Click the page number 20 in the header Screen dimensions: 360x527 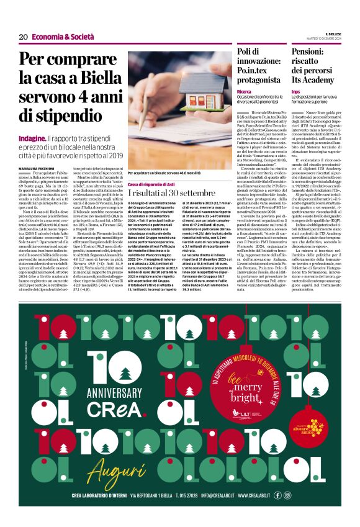23,37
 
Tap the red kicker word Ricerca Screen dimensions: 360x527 244,91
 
